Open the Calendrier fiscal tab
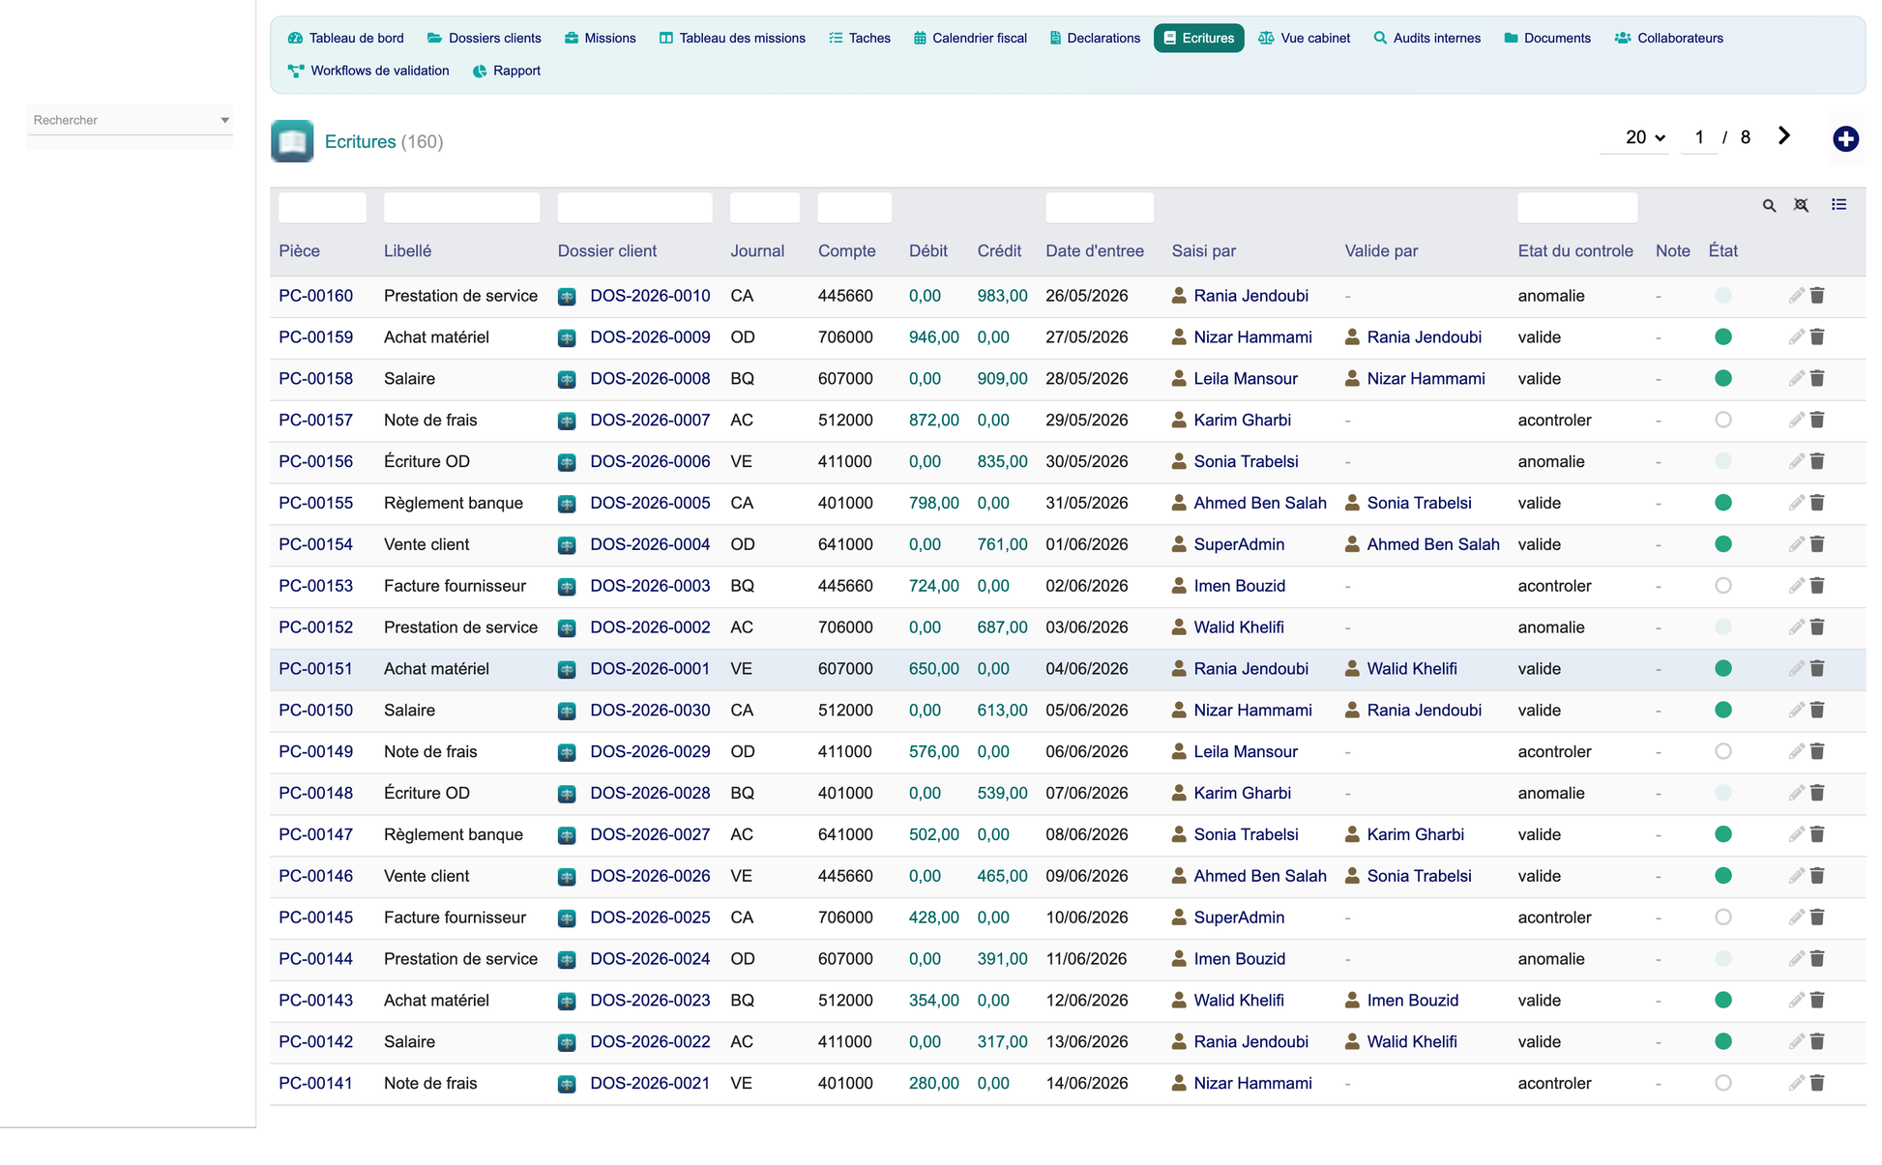coord(970,38)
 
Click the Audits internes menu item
coord(1427,38)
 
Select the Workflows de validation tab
coord(368,71)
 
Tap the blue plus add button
coord(1845,139)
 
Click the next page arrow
coord(1784,136)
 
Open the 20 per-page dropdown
coord(1645,137)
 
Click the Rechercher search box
coord(130,120)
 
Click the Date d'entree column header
coord(1095,251)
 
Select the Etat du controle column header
coord(1575,251)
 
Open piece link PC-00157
coord(316,421)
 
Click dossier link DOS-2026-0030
coord(650,711)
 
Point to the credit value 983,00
coord(1002,296)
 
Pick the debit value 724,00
coord(934,586)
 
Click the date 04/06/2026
coord(1087,669)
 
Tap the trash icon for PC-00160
coord(1817,296)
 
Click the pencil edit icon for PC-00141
coord(1796,1084)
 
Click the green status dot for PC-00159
coord(1723,337)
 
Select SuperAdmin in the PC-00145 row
coord(1239,917)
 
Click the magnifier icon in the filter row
coord(1769,206)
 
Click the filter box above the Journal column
coord(765,208)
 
